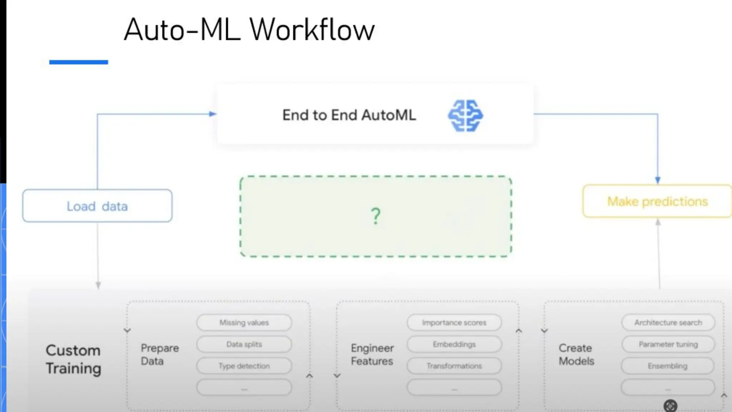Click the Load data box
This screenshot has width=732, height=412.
click(97, 206)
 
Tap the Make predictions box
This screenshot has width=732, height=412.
click(657, 201)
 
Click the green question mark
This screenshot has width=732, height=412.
click(375, 216)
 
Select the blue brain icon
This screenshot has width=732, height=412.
click(465, 115)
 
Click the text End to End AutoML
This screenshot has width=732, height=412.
click(349, 115)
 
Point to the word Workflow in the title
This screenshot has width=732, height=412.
click(312, 30)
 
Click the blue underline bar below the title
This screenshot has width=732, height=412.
click(79, 62)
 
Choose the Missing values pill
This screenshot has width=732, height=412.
click(244, 323)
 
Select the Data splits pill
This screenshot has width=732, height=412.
click(244, 344)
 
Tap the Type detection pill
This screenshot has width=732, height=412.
click(244, 366)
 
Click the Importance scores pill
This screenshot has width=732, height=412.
click(454, 323)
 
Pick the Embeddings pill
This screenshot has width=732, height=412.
click(454, 344)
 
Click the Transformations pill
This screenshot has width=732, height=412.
click(454, 366)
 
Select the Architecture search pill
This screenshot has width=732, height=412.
click(668, 323)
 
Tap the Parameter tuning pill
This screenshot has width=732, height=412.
click(668, 344)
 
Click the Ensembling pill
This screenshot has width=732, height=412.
click(667, 366)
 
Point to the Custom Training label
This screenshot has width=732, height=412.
click(73, 359)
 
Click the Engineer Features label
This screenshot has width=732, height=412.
click(372, 354)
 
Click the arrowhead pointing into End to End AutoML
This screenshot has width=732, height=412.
click(213, 114)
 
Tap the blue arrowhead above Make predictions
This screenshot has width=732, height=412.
click(658, 180)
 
